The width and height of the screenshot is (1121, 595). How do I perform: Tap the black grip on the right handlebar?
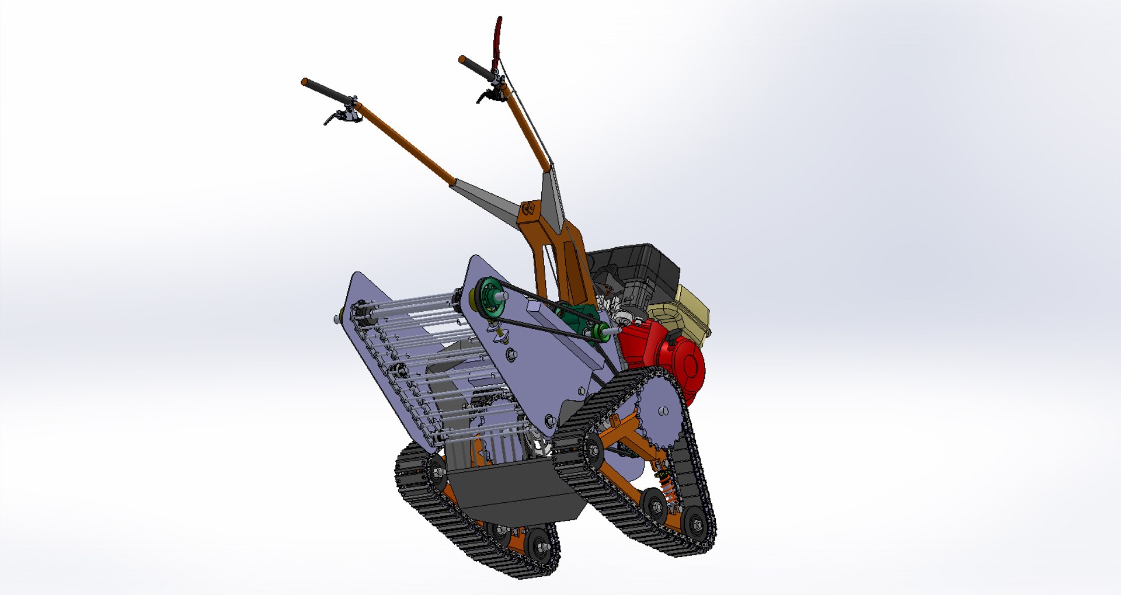click(476, 67)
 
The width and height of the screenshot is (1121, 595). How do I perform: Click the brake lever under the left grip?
click(333, 119)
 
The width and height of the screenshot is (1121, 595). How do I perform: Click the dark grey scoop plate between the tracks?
click(508, 490)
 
